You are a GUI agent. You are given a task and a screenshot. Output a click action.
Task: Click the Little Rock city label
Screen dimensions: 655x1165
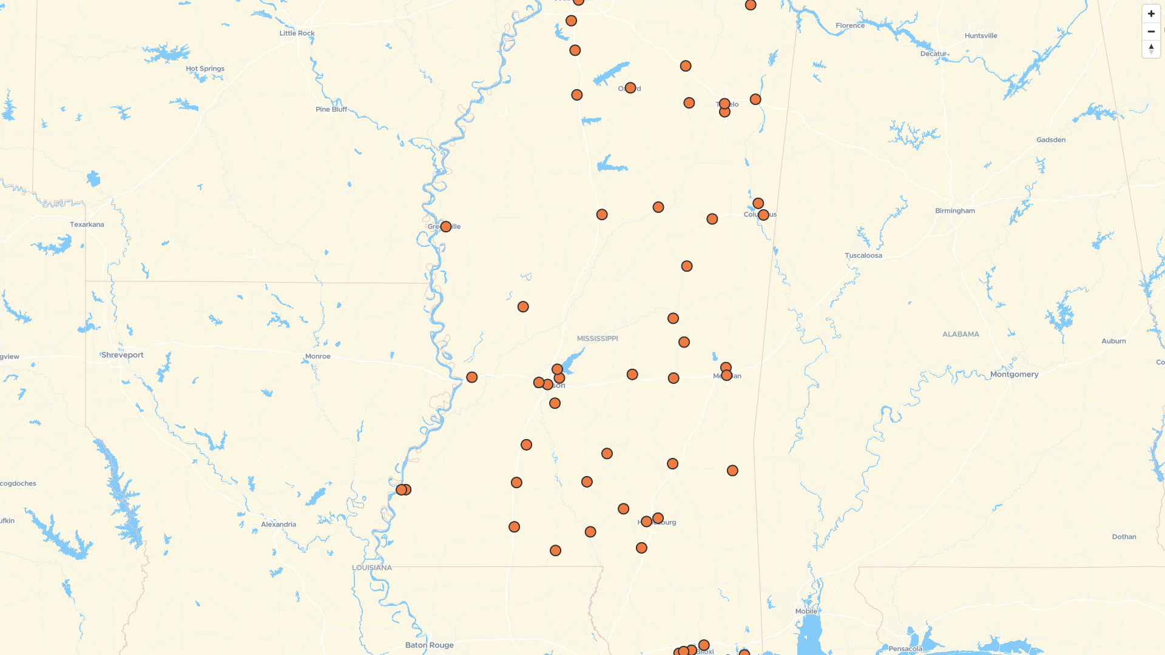coord(297,33)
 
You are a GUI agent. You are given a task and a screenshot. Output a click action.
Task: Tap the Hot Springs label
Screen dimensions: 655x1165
coord(205,69)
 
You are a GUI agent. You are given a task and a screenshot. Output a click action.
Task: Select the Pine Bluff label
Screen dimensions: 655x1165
coord(331,109)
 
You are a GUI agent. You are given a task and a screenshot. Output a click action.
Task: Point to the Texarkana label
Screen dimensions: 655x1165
coord(87,224)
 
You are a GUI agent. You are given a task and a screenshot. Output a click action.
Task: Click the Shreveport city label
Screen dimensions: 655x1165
coord(123,355)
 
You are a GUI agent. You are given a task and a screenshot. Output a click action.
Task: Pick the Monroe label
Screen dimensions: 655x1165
coord(318,357)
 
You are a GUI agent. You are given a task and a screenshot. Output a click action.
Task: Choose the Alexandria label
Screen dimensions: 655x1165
coord(279,525)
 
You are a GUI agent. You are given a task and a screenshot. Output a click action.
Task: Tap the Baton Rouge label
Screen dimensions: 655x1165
coord(429,645)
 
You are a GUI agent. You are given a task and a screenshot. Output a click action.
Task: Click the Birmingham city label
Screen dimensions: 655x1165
coord(955,211)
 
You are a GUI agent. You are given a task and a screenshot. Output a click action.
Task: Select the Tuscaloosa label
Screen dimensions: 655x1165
coord(863,255)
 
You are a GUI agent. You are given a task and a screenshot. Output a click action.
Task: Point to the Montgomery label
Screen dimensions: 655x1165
coord(1014,374)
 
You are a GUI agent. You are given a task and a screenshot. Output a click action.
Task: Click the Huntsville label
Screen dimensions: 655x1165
coord(981,36)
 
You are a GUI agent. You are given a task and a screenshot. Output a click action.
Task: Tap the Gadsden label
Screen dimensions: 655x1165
coord(1051,140)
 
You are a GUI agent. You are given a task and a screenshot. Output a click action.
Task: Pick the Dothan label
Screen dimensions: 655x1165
coord(1124,537)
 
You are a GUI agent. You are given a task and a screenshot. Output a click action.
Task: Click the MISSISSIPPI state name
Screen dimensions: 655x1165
coord(597,338)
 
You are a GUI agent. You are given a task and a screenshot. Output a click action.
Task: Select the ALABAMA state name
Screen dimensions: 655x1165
coord(961,334)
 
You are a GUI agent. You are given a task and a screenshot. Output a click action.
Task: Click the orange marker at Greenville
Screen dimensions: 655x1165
coord(446,227)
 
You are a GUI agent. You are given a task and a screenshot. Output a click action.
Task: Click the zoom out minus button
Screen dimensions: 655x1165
coord(1151,32)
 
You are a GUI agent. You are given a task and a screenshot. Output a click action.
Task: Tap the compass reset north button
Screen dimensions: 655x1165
coord(1151,49)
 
